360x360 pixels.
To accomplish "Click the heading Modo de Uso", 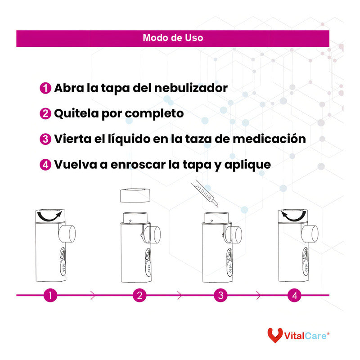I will tap(173, 38).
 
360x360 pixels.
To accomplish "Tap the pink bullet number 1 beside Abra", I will tap(45, 88).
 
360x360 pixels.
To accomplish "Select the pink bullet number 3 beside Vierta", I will tap(45, 139).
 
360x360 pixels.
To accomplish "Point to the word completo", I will tap(154, 113).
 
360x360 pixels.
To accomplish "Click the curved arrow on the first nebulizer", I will tap(50, 217).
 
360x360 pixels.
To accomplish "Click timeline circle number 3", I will tap(220, 296).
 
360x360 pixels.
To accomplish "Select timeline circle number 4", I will tap(294, 296).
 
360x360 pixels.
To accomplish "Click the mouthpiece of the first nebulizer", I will tap(69, 233).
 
